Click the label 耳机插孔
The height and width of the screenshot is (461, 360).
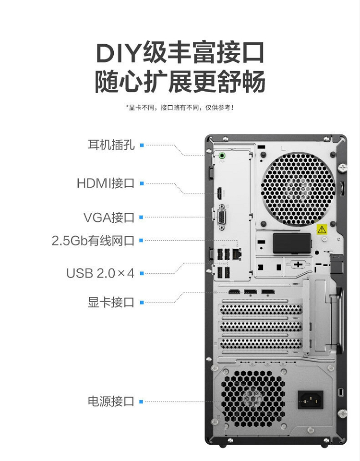click(x=111, y=145)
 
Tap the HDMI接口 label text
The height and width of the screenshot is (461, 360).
click(x=106, y=183)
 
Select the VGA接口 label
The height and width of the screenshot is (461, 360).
click(x=109, y=218)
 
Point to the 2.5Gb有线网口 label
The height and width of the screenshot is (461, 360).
click(x=93, y=241)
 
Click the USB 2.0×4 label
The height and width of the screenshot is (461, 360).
click(x=100, y=273)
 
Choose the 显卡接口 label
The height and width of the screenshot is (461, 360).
click(x=111, y=302)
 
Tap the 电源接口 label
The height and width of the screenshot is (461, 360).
click(x=111, y=401)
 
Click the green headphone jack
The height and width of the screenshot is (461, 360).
click(x=222, y=155)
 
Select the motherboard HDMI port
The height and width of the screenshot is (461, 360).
click(x=219, y=193)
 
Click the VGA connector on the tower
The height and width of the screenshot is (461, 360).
click(x=222, y=217)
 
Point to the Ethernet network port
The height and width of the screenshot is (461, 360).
click(x=237, y=254)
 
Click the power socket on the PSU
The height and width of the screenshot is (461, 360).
click(x=311, y=400)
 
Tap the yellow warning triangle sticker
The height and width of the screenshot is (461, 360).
click(x=322, y=229)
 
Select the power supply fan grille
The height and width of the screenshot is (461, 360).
click(x=253, y=399)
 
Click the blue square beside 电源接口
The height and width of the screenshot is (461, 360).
click(x=141, y=401)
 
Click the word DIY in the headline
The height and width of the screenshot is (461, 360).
click(x=118, y=53)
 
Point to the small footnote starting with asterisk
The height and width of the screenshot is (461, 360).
click(x=180, y=108)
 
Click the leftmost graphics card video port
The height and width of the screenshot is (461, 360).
click(x=234, y=292)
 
